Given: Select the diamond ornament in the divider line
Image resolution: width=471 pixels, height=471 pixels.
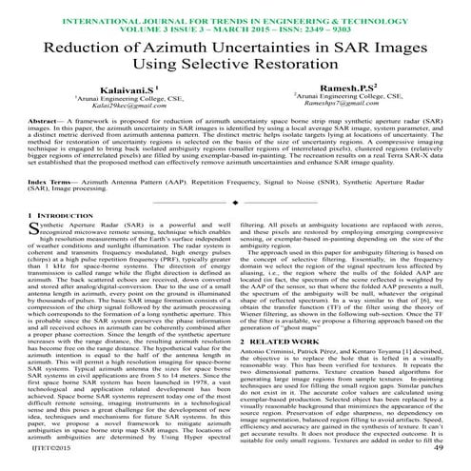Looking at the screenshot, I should pos(235,229).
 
